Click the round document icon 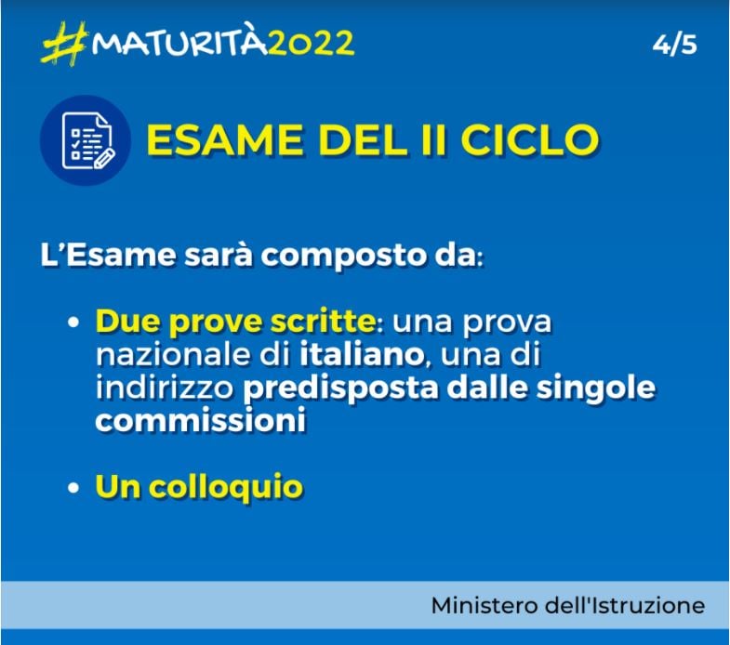coord(86,140)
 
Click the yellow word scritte coord(318,322)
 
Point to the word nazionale coord(157,354)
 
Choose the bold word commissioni coord(201,419)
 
